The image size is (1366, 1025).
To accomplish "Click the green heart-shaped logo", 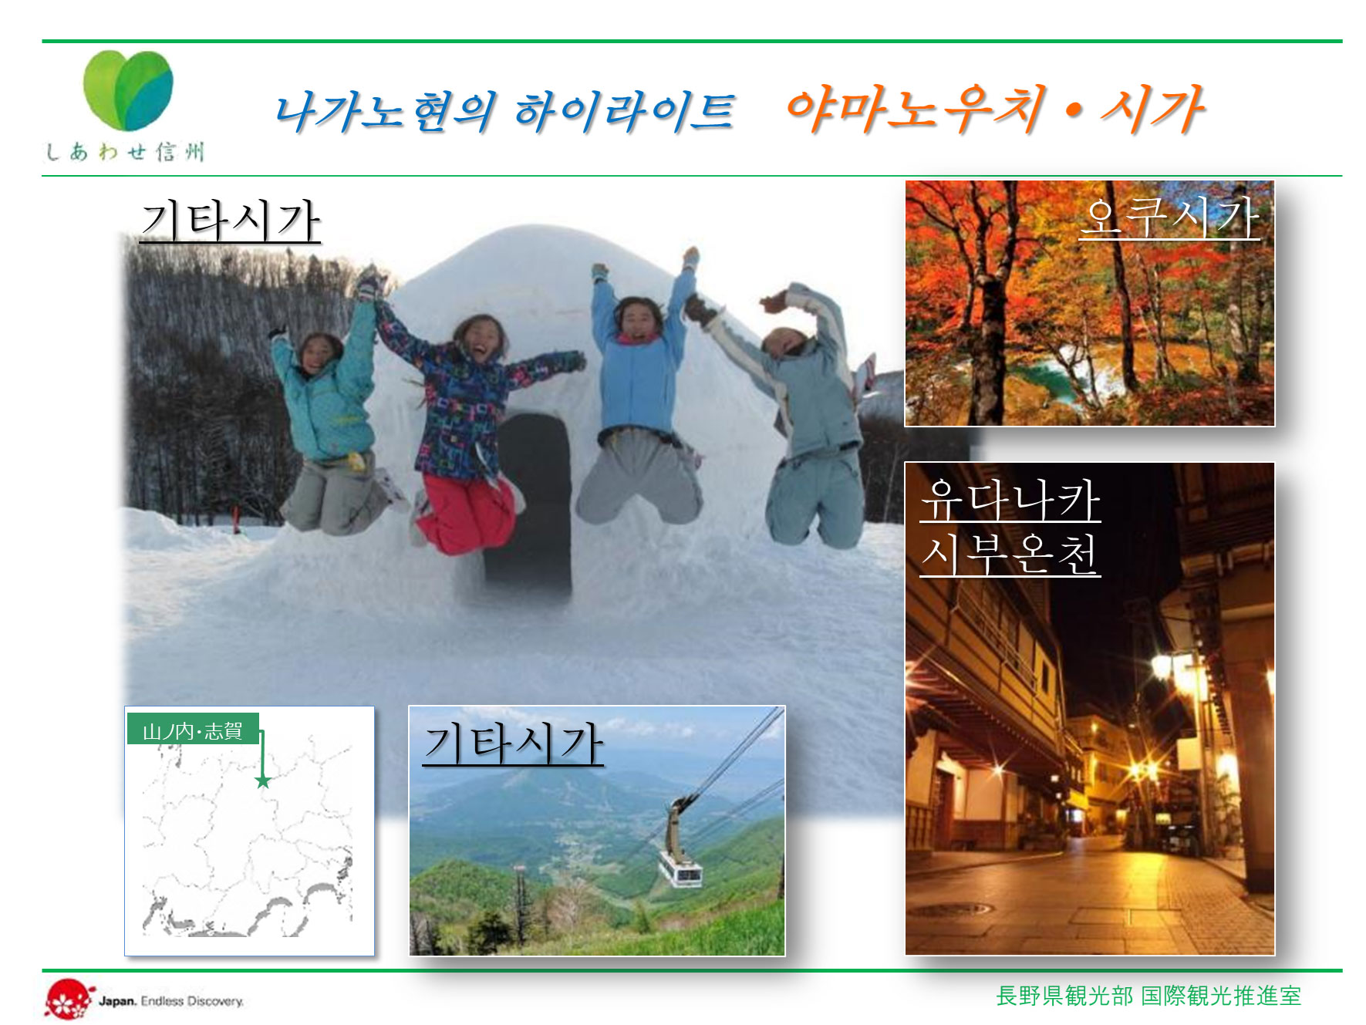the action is pyautogui.click(x=128, y=90).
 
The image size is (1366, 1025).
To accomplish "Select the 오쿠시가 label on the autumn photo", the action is pyautogui.click(x=1169, y=217).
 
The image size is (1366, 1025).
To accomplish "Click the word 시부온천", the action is pyautogui.click(x=1010, y=553).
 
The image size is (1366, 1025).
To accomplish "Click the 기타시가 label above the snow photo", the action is pyautogui.click(x=230, y=221).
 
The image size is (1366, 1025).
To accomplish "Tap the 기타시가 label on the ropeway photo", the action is pyautogui.click(x=513, y=743).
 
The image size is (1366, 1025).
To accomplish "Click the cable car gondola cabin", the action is pyautogui.click(x=680, y=868).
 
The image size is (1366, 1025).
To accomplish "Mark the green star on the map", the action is pyautogui.click(x=263, y=781).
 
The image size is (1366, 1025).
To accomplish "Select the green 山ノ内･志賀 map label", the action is pyautogui.click(x=193, y=730).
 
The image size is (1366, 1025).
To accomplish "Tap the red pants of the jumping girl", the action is pyautogui.click(x=467, y=513).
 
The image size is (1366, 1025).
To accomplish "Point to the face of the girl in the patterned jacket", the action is pyautogui.click(x=481, y=339).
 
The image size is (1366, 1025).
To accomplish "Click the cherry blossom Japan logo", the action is pyautogui.click(x=68, y=1000).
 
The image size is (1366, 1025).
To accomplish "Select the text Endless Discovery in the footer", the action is pyautogui.click(x=192, y=1001).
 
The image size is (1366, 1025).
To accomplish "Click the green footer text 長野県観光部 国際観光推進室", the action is pyautogui.click(x=1148, y=996).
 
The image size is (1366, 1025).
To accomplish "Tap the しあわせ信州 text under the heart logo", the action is pyautogui.click(x=125, y=151).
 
